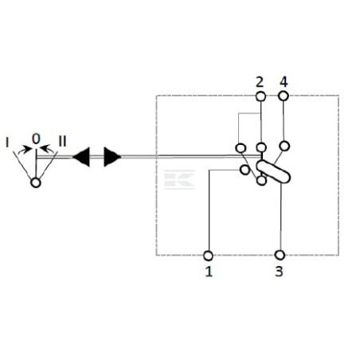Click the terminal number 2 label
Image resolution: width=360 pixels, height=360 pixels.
click(260, 82)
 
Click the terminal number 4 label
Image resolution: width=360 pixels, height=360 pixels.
click(284, 82)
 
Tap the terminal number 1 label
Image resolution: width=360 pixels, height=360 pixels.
click(209, 272)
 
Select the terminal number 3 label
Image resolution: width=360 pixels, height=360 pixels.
click(279, 272)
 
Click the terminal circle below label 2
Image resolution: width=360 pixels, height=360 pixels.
click(260, 96)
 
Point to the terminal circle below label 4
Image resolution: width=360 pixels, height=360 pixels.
click(284, 96)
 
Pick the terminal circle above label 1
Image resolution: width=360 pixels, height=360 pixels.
click(208, 256)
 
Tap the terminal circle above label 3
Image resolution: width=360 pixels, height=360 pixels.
click(280, 255)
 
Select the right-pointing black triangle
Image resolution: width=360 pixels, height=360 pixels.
click(112, 157)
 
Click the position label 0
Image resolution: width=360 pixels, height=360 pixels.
click(36, 139)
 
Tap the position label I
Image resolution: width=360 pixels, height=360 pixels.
click(7, 143)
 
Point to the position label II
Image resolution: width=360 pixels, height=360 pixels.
click(62, 141)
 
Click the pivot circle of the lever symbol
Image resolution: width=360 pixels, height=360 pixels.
click(36, 183)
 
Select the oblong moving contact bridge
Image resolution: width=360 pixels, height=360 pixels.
click(273, 172)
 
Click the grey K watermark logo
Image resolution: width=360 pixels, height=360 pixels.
click(179, 179)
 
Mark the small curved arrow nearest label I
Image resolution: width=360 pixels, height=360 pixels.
click(25, 150)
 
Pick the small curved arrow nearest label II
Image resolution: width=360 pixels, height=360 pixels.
click(47, 149)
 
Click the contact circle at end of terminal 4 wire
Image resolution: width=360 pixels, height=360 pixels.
click(284, 146)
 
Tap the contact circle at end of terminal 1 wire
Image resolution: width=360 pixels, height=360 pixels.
click(245, 170)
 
